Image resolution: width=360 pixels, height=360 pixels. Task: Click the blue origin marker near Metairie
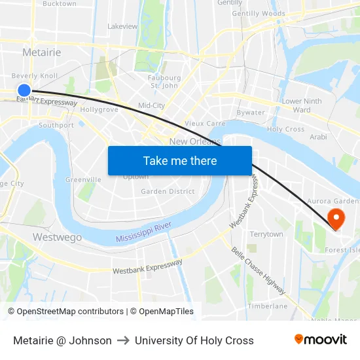24,91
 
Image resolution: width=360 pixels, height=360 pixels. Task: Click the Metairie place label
41,52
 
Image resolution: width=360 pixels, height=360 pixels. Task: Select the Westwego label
57,237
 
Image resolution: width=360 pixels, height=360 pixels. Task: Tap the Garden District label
168,192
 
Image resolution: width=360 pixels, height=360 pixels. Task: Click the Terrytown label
266,234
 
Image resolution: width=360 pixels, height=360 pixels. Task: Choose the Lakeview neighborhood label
122,27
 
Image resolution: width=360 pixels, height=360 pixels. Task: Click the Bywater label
251,113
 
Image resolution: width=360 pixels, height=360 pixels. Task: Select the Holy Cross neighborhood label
285,130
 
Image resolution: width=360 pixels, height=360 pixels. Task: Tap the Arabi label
318,137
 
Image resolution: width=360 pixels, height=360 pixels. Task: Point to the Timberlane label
268,306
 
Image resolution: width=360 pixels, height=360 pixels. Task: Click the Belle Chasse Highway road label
259,270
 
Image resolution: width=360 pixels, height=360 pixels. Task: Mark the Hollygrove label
99,110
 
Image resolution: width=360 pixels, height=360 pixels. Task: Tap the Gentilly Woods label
259,14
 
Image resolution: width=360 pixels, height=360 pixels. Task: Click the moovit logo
320,340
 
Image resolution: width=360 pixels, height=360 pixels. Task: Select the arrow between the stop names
123,340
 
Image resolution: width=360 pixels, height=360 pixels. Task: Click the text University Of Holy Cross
194,340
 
